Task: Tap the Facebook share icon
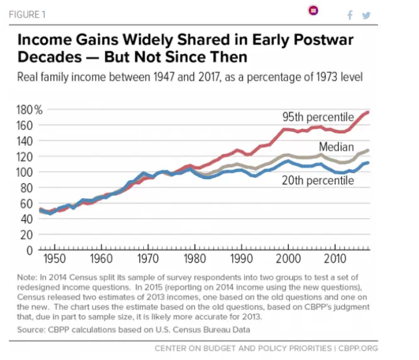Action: pos(350,15)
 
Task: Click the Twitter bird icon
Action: pos(366,15)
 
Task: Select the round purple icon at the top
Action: pos(313,11)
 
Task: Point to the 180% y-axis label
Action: pos(28,111)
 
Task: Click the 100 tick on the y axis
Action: pos(23,172)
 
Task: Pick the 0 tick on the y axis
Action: pos(28,250)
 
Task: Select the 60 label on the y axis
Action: pos(25,204)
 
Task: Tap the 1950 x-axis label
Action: pos(54,259)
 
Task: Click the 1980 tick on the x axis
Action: pos(193,259)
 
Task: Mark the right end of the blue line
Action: pos(368,163)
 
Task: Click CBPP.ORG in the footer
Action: pos(359,348)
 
